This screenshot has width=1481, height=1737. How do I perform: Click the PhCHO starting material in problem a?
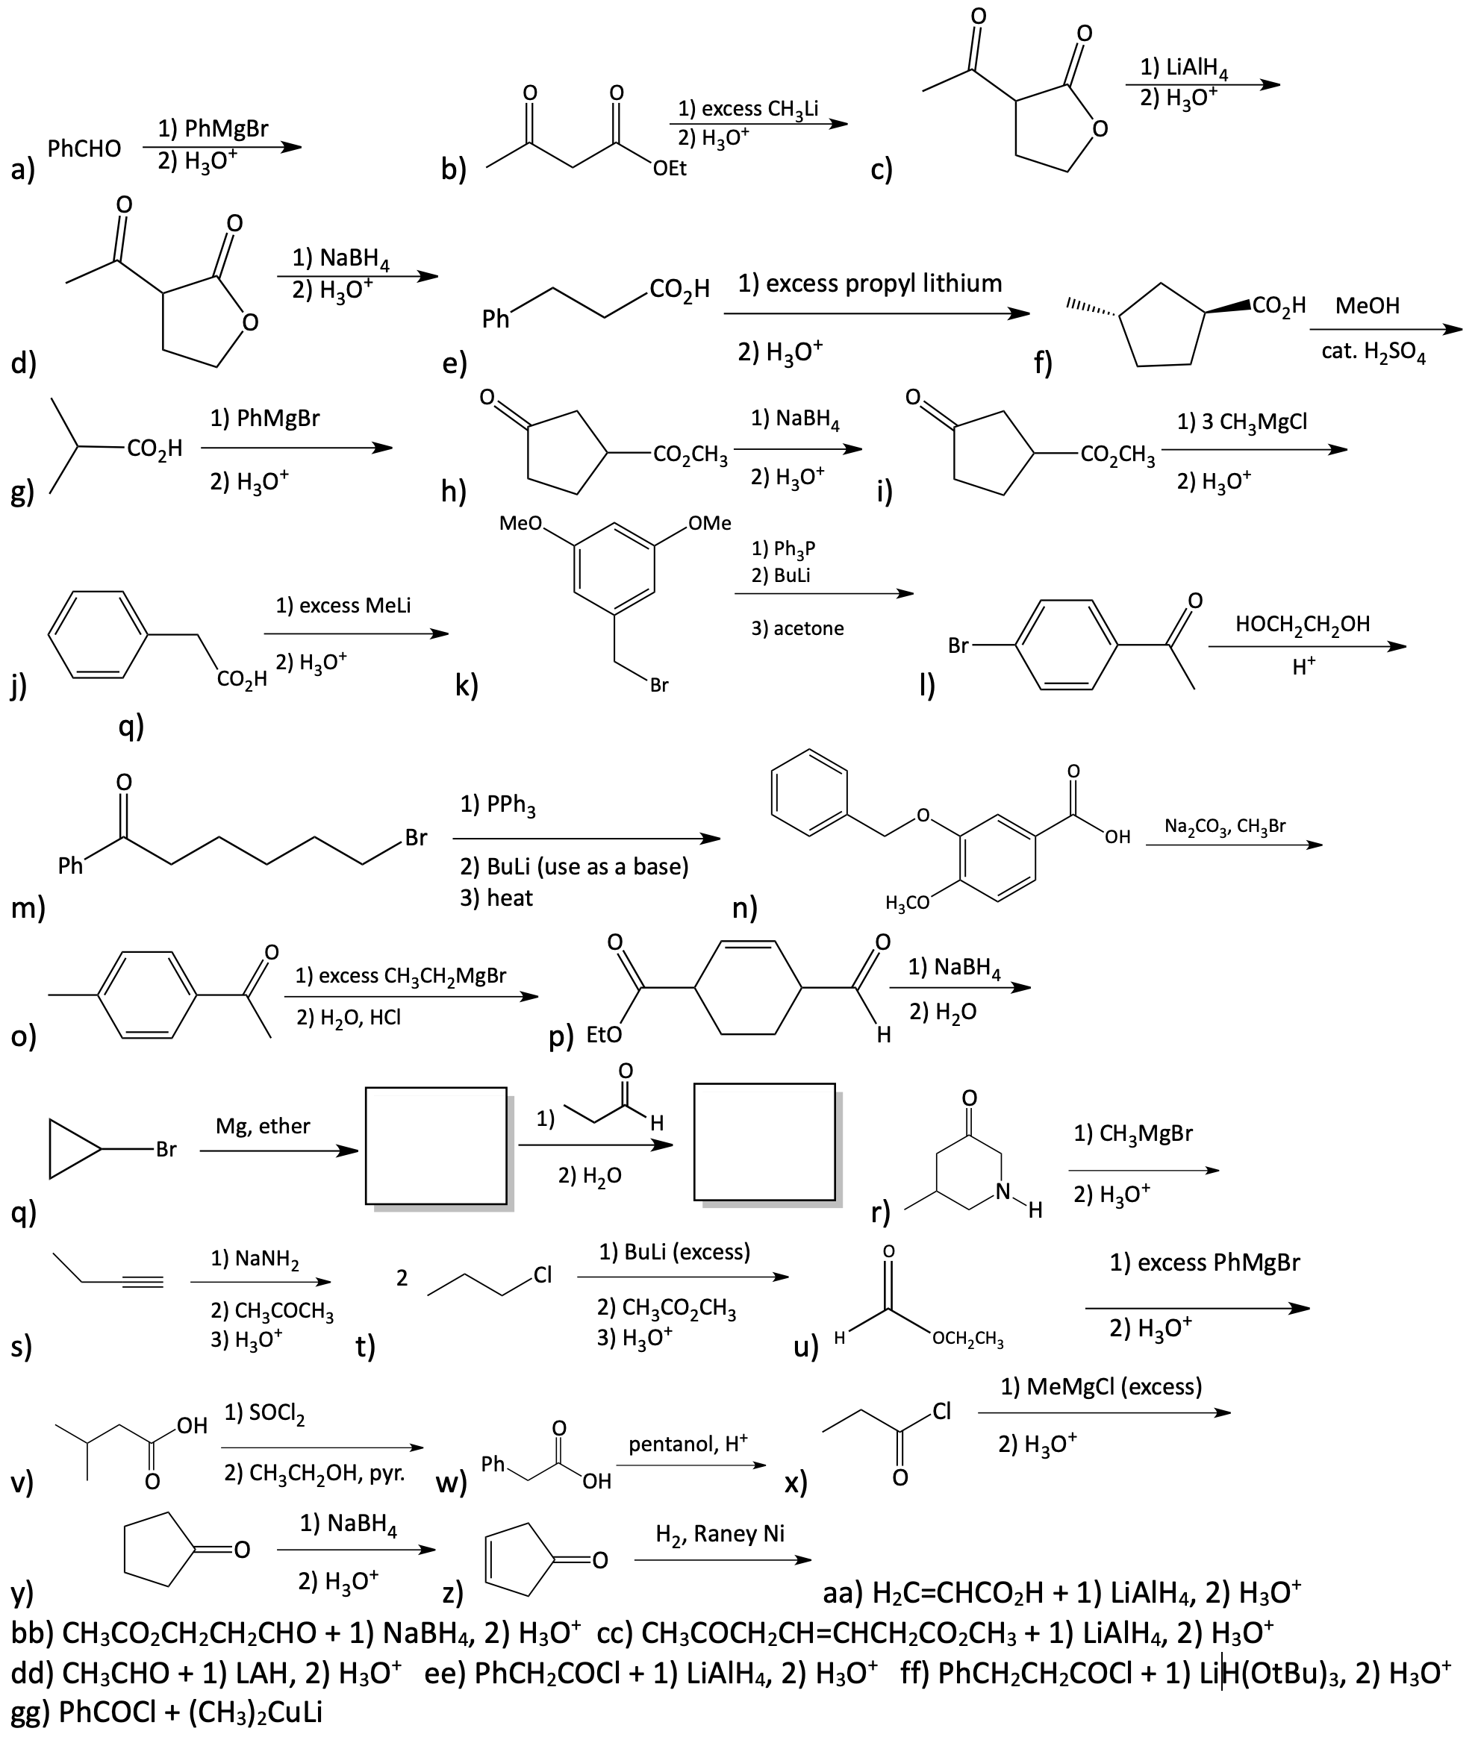(84, 149)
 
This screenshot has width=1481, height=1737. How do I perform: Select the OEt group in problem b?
(670, 169)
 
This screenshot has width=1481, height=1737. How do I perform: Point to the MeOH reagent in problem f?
(1367, 305)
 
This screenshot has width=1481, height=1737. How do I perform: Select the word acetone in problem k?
(808, 628)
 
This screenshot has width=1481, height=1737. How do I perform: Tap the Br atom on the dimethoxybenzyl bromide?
(659, 685)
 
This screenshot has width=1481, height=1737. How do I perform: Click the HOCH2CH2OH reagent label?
(1303, 625)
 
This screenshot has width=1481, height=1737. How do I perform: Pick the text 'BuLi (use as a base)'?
(587, 866)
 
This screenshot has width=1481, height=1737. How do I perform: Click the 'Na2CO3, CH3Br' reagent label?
(1225, 826)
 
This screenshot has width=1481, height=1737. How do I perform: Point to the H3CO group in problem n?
(908, 903)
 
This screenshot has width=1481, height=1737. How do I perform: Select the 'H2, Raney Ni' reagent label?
(720, 1533)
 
